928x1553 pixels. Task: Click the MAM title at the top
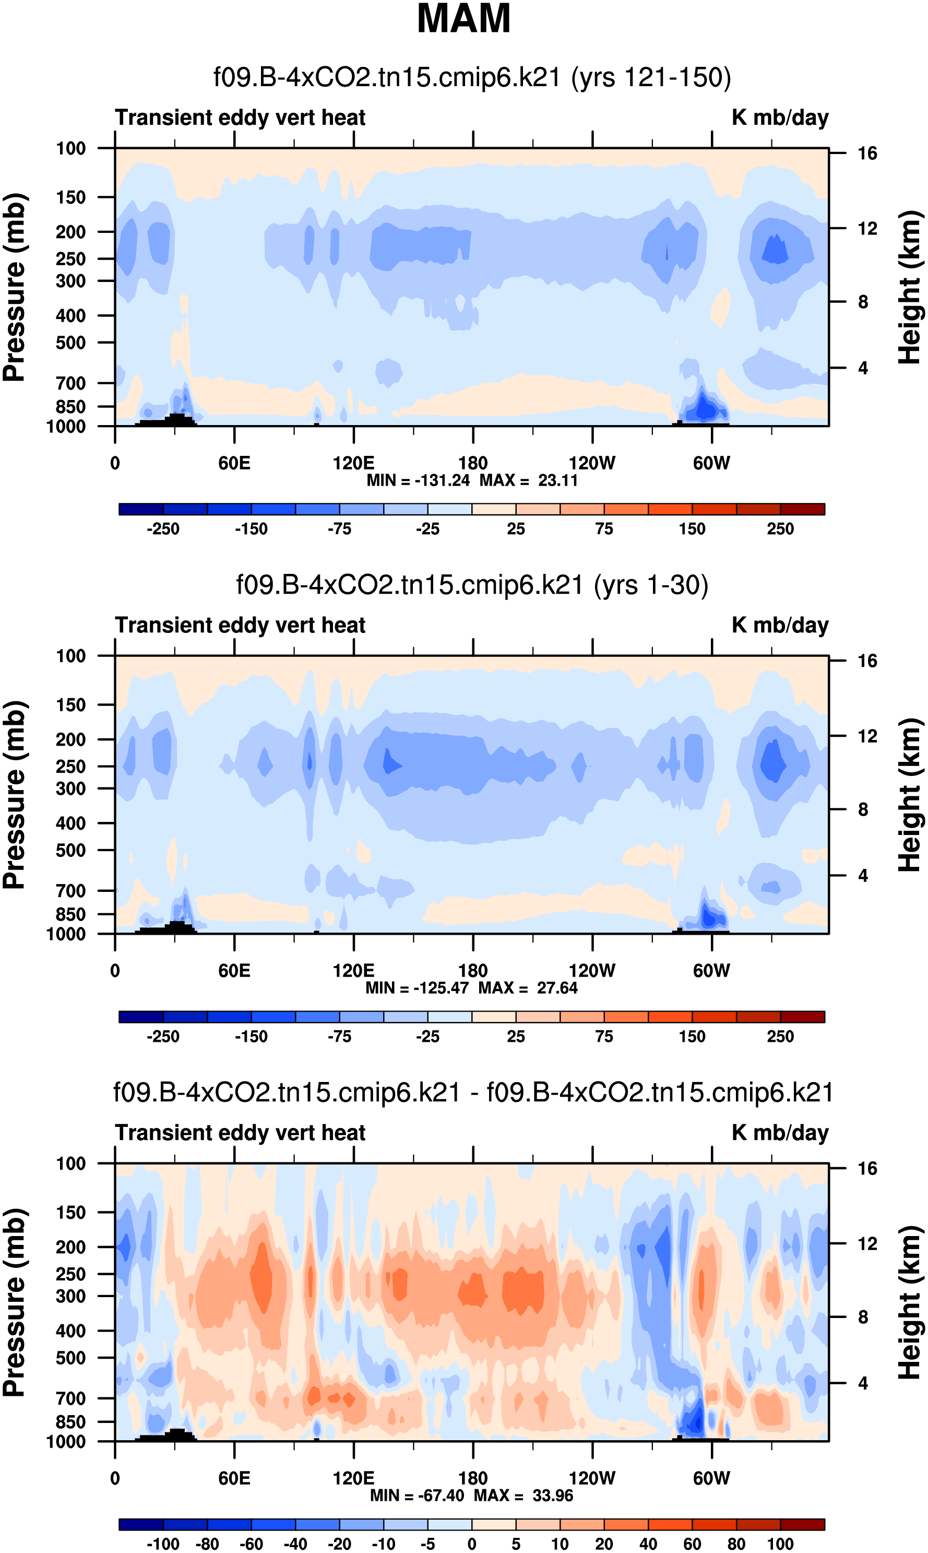[463, 19]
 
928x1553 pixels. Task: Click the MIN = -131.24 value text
[418, 480]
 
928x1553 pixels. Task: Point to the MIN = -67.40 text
[417, 1496]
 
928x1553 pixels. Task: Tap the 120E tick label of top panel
[353, 464]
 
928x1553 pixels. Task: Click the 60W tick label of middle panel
[711, 971]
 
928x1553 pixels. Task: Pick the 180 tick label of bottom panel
[473, 1478]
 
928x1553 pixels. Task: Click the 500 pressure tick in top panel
[70, 343]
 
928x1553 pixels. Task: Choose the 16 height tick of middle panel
[867, 661]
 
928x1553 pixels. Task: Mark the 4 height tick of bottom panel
[863, 1383]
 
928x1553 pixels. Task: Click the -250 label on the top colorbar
[163, 529]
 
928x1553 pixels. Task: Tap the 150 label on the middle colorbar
[692, 1037]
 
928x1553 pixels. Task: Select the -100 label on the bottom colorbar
[163, 1544]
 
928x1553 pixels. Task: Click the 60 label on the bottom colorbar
[692, 1544]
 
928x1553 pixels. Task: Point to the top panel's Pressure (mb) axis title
[14, 287]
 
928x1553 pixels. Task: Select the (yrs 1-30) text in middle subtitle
[650, 585]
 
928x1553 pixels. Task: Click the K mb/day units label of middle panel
[780, 626]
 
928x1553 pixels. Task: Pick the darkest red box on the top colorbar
[802, 509]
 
